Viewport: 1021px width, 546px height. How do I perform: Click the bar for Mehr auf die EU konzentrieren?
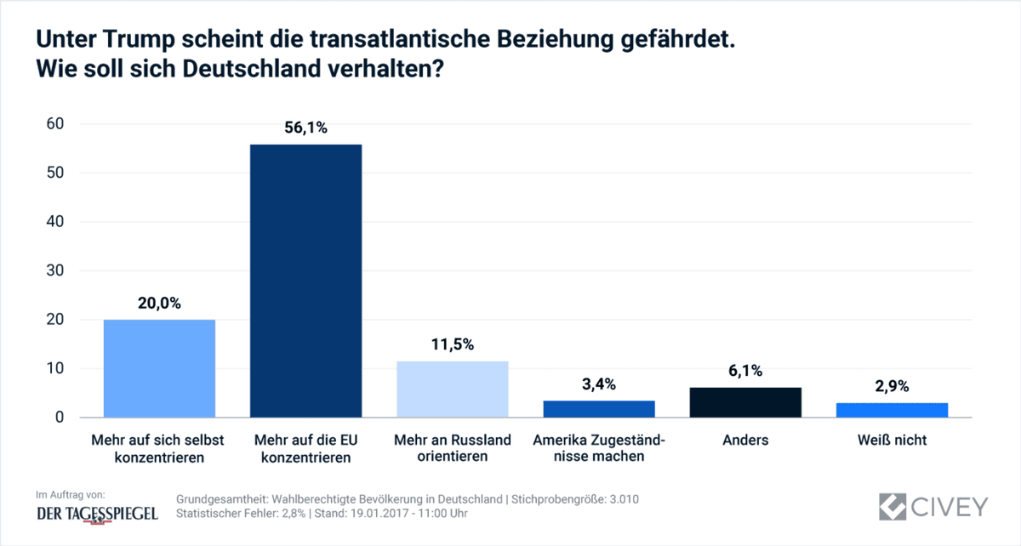[305, 281]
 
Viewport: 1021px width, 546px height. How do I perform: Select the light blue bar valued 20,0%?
[159, 368]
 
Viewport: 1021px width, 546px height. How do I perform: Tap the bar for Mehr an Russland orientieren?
[452, 389]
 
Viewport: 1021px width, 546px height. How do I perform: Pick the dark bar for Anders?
[745, 402]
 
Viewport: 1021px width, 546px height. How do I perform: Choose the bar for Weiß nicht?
[892, 410]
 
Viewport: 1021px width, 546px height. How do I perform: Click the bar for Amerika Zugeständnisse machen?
[599, 409]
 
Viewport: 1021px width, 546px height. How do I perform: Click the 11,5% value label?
[452, 344]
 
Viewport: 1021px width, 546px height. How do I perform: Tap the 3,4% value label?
[599, 384]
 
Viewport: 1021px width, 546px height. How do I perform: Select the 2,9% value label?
[892, 386]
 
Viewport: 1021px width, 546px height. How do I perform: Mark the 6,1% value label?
[745, 371]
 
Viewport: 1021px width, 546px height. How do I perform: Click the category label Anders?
[745, 441]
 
